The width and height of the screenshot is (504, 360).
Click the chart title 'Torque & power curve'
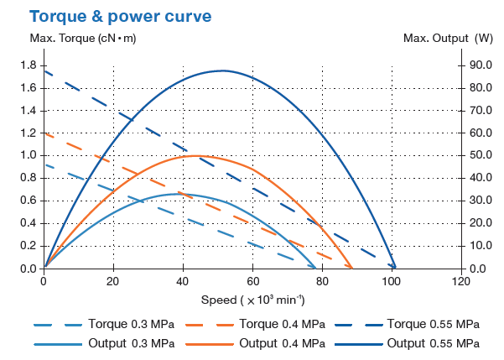click(121, 16)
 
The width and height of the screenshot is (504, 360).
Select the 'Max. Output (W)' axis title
click(448, 39)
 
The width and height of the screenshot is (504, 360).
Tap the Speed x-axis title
click(252, 300)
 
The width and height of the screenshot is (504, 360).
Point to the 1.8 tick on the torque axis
click(28, 65)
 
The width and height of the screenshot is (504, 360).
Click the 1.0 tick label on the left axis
click(28, 155)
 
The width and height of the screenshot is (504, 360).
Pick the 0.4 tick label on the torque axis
click(28, 223)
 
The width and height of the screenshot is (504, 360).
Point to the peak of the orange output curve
click(196, 155)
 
